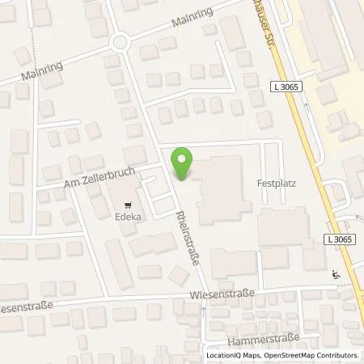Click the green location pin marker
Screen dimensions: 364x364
click(x=184, y=163)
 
